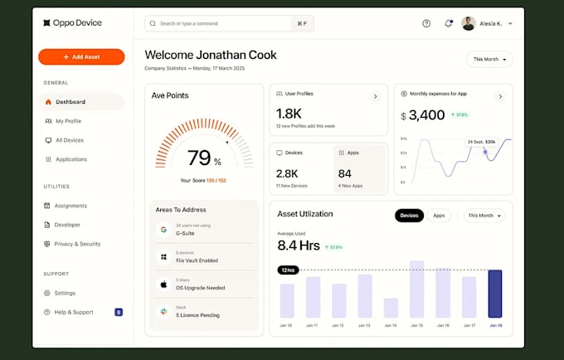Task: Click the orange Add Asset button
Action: click(81, 57)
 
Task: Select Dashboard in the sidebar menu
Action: click(70, 102)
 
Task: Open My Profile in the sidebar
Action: click(68, 121)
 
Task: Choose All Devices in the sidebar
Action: click(69, 140)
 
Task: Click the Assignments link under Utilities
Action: click(70, 206)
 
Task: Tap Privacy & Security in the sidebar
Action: click(77, 244)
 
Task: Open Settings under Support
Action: click(65, 293)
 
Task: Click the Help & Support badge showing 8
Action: click(119, 312)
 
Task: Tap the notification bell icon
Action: click(449, 24)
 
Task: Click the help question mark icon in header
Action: click(426, 24)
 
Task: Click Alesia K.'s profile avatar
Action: click(469, 24)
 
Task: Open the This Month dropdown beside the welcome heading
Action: click(489, 60)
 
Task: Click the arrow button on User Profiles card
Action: click(375, 96)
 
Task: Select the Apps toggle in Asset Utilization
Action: click(439, 216)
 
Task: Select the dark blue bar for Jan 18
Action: click(495, 294)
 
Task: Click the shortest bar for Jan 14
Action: click(391, 308)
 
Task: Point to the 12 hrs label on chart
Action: click(289, 270)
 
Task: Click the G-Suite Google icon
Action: click(163, 229)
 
